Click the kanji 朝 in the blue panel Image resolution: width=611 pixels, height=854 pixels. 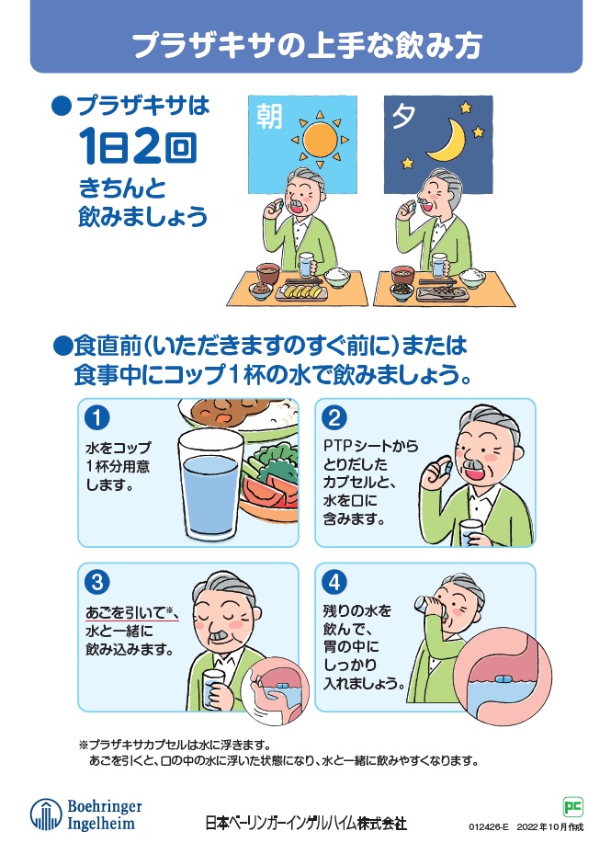pos(269,117)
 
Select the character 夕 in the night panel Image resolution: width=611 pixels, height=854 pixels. pos(403,116)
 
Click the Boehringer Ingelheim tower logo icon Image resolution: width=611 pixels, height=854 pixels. pos(45,814)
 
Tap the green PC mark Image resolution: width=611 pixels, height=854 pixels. pos(572,806)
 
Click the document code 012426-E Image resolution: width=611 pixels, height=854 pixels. pos(488,826)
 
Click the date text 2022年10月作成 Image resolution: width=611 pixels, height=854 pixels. pos(549,826)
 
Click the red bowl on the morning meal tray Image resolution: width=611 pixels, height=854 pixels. pos(267,274)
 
